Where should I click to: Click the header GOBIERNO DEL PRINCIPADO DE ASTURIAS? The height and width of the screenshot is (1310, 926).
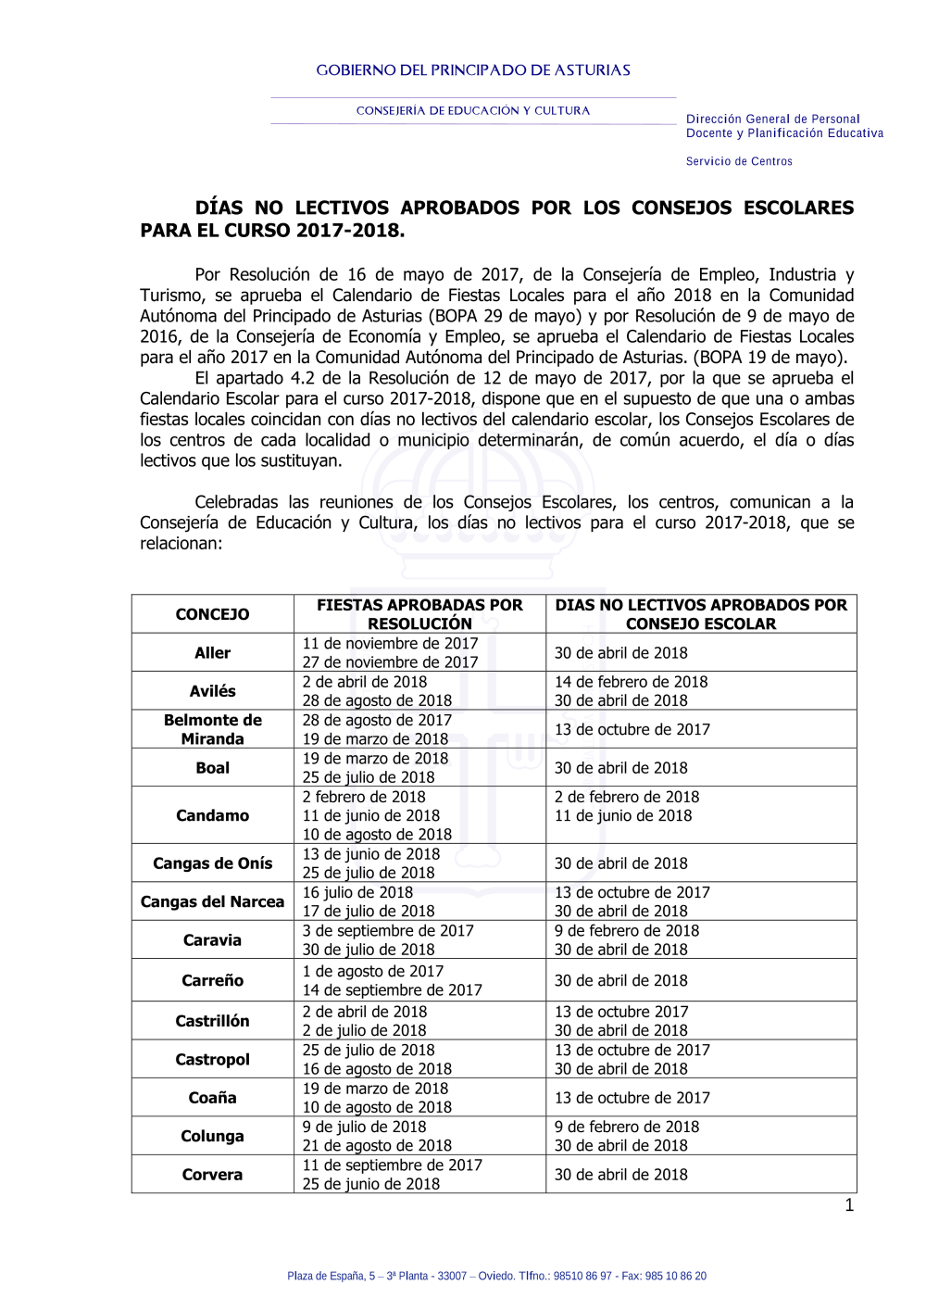click(473, 70)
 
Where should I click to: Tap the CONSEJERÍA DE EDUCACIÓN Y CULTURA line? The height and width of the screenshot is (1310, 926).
click(473, 110)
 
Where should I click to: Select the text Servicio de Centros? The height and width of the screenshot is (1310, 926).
click(739, 161)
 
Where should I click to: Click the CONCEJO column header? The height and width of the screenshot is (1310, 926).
click(212, 614)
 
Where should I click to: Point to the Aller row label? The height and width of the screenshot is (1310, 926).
click(212, 653)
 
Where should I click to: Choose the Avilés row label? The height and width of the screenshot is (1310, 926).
click(212, 691)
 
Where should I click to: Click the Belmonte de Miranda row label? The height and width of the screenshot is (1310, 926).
click(212, 729)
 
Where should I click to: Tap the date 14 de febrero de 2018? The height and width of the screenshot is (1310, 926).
click(631, 682)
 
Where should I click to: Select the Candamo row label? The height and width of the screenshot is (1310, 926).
click(212, 815)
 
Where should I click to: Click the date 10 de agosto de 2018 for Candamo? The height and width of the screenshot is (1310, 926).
click(377, 835)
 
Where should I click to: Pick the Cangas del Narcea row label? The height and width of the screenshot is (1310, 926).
click(212, 901)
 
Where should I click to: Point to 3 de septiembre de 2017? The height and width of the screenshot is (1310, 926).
click(388, 931)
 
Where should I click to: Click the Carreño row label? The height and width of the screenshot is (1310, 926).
click(212, 980)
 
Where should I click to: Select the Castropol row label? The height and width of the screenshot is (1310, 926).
click(212, 1059)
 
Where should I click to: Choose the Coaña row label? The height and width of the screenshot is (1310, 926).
click(212, 1098)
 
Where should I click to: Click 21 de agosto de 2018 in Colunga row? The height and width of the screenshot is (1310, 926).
click(377, 1146)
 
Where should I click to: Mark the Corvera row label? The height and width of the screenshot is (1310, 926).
click(212, 1175)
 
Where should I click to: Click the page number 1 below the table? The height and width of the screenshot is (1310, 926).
click(849, 1205)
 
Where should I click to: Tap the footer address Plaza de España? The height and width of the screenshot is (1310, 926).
click(496, 1276)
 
